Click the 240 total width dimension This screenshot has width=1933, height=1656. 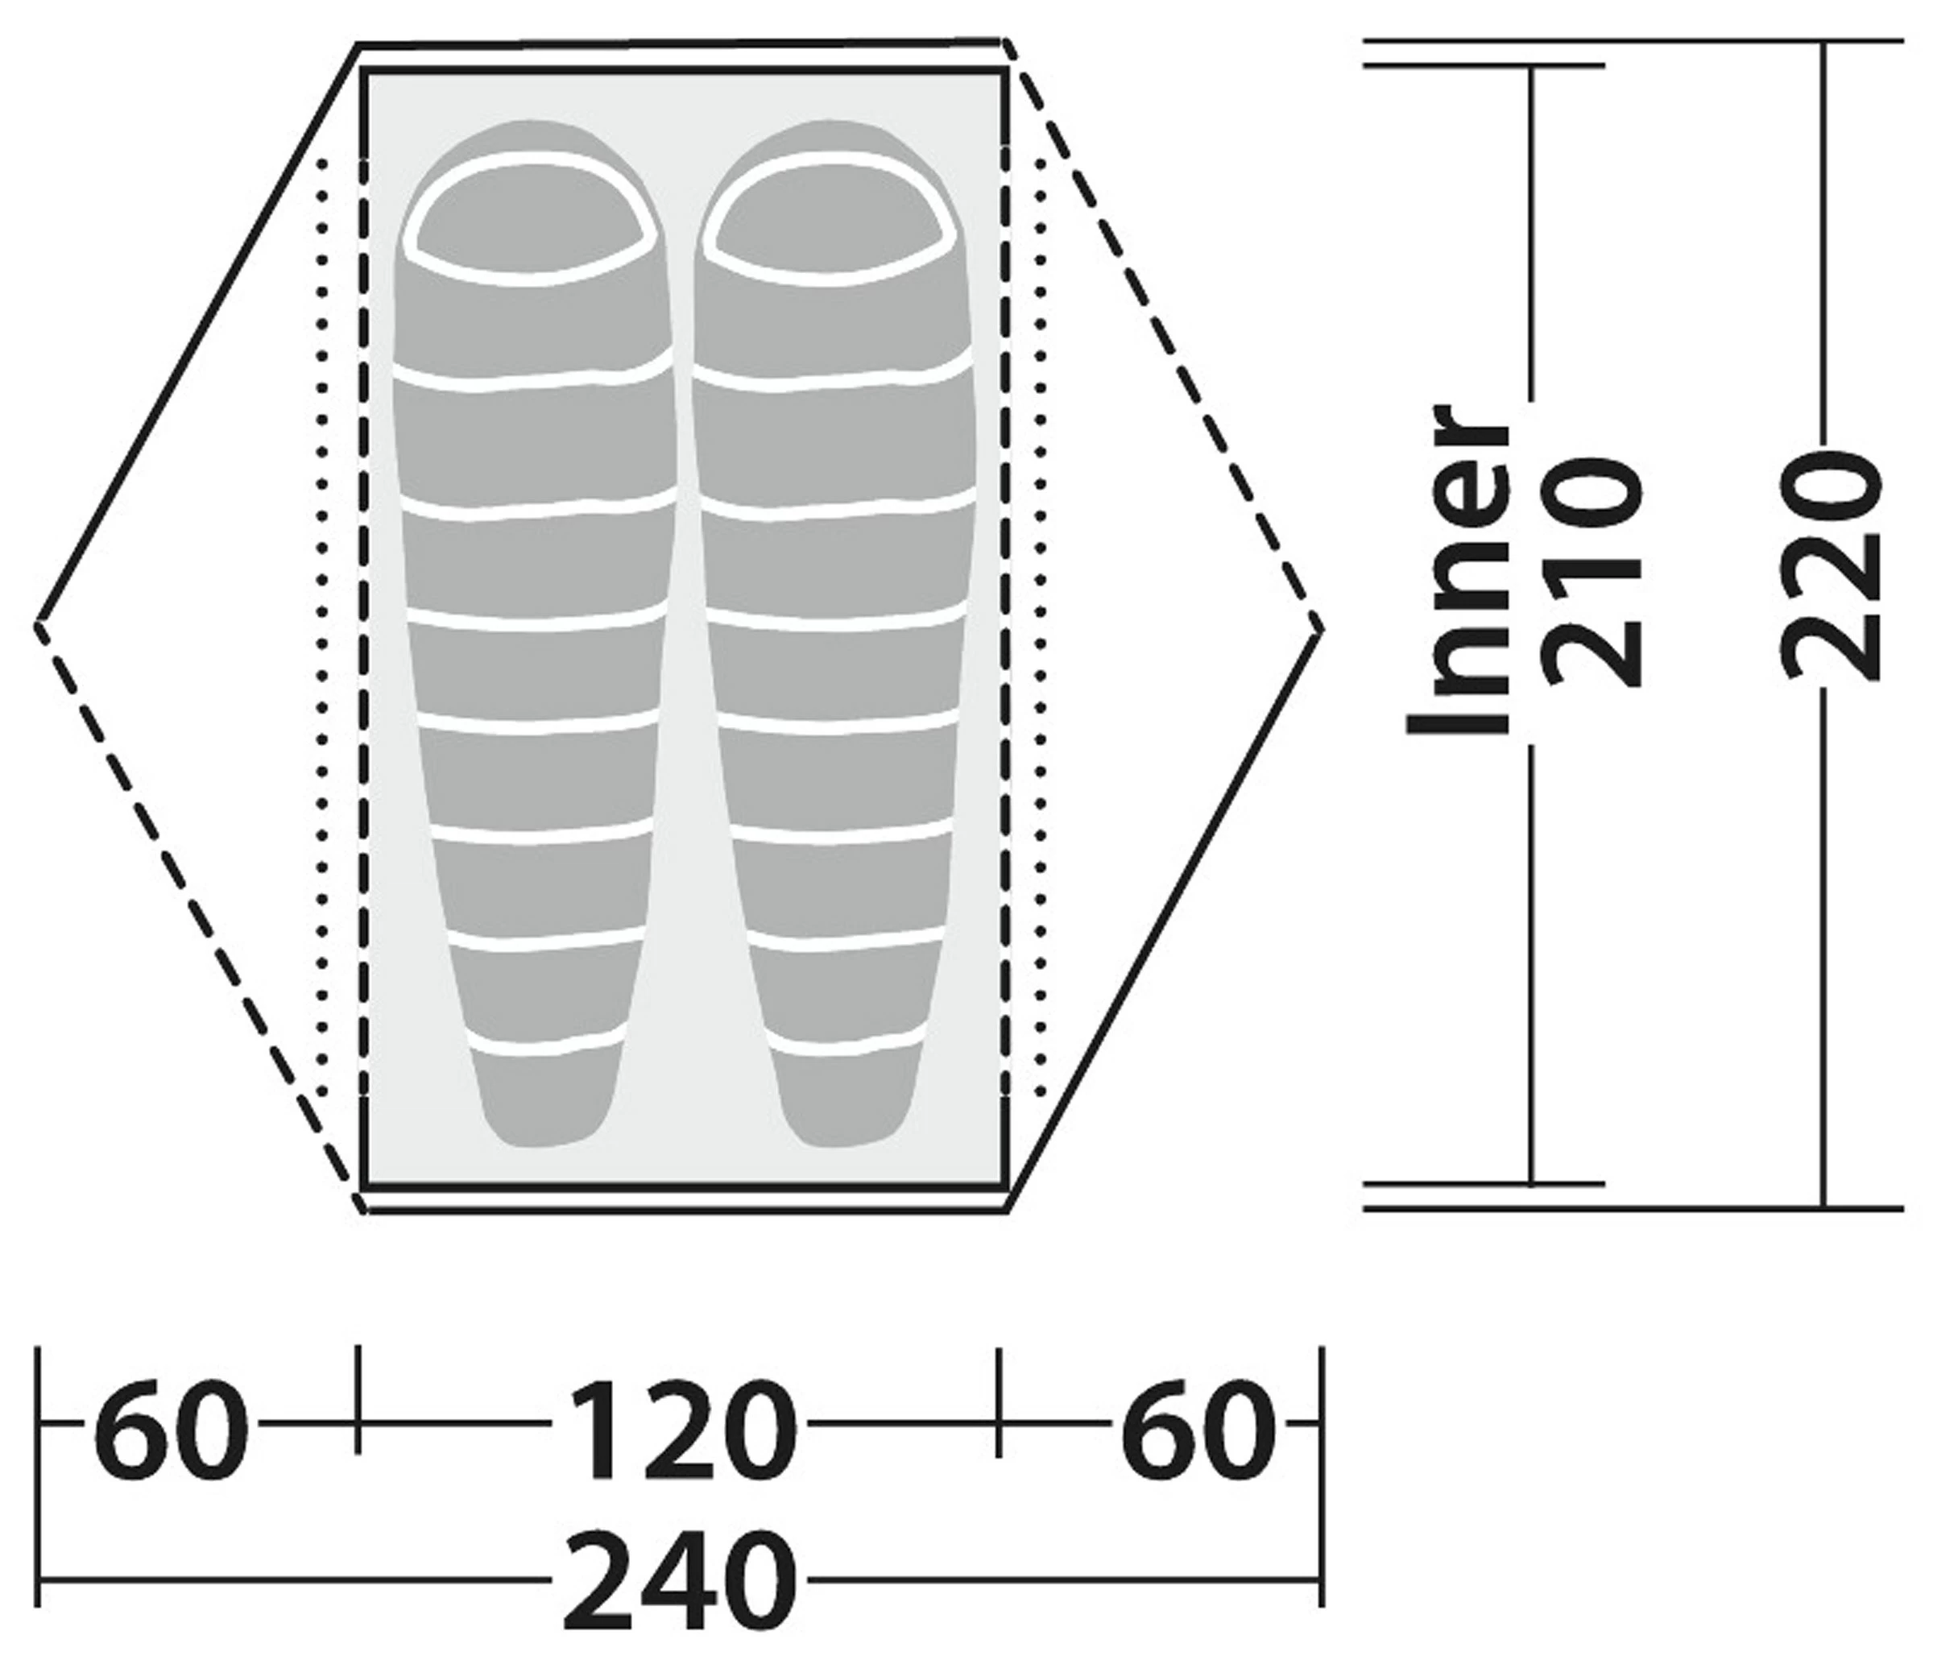click(x=679, y=1579)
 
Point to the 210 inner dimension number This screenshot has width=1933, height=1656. click(x=1592, y=571)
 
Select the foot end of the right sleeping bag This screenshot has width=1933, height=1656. click(x=844, y=1101)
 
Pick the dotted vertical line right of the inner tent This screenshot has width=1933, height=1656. click(x=1041, y=625)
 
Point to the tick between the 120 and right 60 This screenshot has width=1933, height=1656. click(x=1000, y=1399)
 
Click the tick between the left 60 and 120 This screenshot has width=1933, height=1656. click(x=358, y=1399)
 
